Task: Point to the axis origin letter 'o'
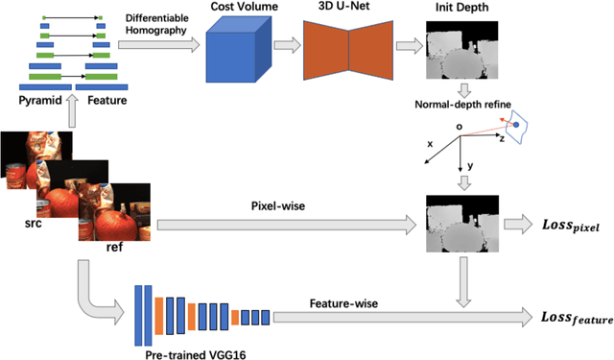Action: pyautogui.click(x=460, y=126)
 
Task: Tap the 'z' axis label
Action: pyautogui.click(x=501, y=138)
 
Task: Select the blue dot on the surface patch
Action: pyautogui.click(x=516, y=125)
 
